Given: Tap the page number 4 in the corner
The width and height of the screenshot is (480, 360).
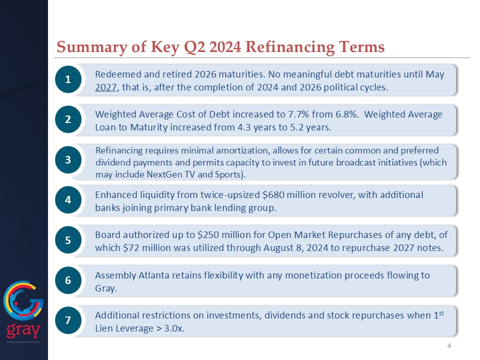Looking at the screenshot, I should pyautogui.click(x=449, y=346).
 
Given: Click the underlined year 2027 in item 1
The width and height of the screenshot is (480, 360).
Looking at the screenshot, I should pyautogui.click(x=106, y=87).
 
